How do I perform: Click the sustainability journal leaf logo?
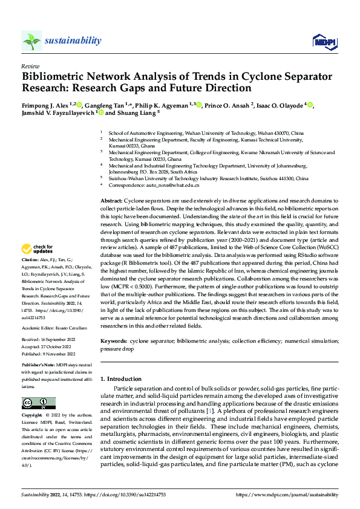(x=31, y=41)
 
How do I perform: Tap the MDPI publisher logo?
(x=323, y=41)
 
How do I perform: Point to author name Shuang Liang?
(x=136, y=112)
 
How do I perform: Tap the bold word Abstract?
(x=111, y=200)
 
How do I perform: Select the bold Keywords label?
(x=114, y=342)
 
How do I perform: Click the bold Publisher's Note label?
(x=39, y=366)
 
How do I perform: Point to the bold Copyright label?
(x=33, y=416)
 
